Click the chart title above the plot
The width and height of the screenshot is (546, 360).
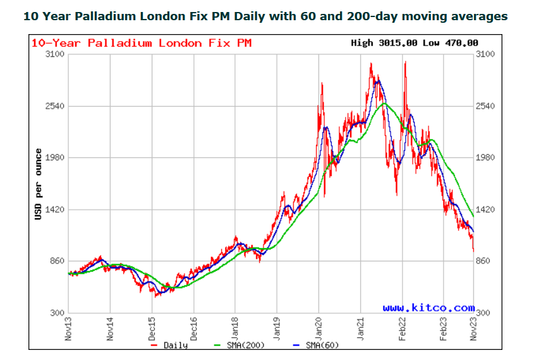tap(265, 16)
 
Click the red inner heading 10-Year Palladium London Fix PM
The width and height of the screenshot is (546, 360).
tap(142, 43)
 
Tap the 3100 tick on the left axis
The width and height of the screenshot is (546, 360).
tap(56, 54)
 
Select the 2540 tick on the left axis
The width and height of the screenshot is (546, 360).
tap(56, 106)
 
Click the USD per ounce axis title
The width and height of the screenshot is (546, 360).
tap(39, 184)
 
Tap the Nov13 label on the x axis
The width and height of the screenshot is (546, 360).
tap(69, 328)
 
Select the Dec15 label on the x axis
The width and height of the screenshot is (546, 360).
tap(152, 328)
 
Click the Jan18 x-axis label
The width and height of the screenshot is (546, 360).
tap(235, 328)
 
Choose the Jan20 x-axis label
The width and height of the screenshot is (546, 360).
tap(318, 328)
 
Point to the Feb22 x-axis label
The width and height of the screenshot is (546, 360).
tap(402, 328)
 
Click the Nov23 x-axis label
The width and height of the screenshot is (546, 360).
tap(475, 328)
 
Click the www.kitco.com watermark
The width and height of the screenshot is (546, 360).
tap(428, 308)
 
